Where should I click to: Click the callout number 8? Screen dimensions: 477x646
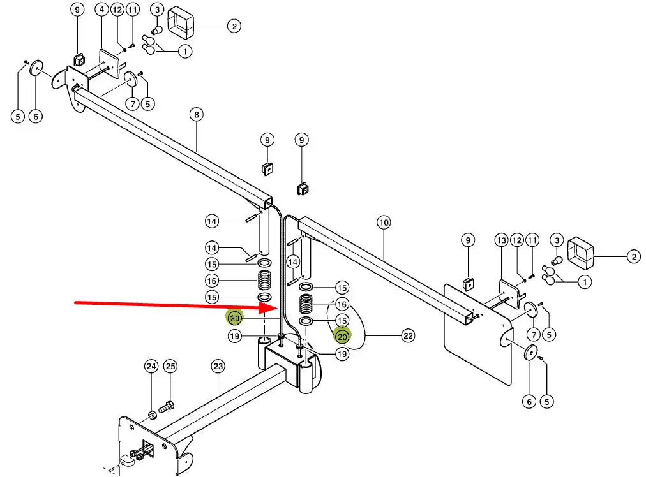click(x=196, y=115)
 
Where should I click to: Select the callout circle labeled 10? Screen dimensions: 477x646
click(x=383, y=223)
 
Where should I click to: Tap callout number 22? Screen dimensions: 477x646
click(x=407, y=335)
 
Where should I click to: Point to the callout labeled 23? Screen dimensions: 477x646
click(x=218, y=366)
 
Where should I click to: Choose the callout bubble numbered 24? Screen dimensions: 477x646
click(x=151, y=366)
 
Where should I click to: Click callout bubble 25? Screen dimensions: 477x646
click(x=170, y=366)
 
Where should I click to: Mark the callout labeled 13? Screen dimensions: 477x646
click(x=501, y=240)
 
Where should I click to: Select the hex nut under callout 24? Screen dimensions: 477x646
click(x=153, y=416)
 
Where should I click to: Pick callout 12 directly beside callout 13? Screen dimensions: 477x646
click(x=517, y=240)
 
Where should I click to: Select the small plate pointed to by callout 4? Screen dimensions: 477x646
click(x=110, y=62)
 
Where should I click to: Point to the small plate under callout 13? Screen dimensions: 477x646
click(x=509, y=291)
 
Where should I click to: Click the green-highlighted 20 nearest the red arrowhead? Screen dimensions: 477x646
click(x=235, y=317)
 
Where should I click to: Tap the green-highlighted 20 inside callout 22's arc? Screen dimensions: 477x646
click(x=342, y=335)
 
